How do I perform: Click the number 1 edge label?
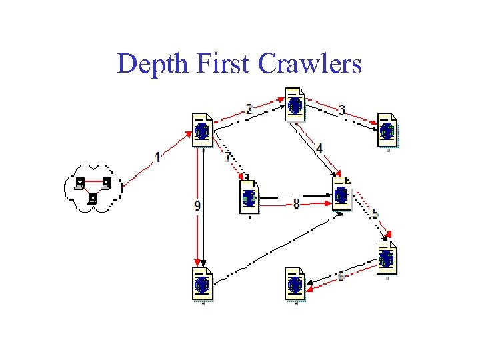coord(157,157)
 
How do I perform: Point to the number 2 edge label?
coord(249,109)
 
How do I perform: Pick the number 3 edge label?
coord(342,110)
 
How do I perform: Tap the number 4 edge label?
coord(319,148)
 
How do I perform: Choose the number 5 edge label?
coord(375,214)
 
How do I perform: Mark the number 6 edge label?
coord(341,276)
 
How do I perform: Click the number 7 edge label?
coord(227,158)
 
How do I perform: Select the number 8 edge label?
coord(296,204)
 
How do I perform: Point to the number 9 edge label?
coord(197,206)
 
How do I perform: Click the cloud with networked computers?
coord(93,188)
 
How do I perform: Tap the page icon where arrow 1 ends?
coord(201,130)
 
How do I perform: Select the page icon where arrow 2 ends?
coord(295,104)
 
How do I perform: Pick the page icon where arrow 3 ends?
coord(387,130)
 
